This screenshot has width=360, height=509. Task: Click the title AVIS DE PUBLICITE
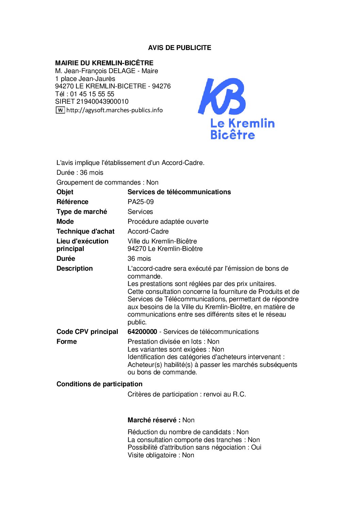[x=179, y=48]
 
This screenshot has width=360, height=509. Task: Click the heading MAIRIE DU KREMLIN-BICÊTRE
[x=104, y=63]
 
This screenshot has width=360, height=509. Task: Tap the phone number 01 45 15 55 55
[x=92, y=94]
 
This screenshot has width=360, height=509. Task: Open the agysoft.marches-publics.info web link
[x=114, y=110]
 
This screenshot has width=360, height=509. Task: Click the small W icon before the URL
[x=60, y=110]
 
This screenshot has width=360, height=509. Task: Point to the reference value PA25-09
[x=141, y=202]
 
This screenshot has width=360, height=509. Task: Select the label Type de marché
[x=82, y=211]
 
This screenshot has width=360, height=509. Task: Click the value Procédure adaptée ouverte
[x=168, y=221]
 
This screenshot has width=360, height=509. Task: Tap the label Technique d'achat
[x=85, y=231]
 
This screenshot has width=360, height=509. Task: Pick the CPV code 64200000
[x=142, y=332]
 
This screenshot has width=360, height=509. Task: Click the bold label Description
[x=75, y=268]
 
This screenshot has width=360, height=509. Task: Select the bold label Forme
[x=67, y=341]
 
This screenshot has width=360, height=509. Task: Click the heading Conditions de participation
[x=99, y=384]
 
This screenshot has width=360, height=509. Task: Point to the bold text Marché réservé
[x=154, y=420]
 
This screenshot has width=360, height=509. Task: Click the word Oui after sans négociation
[x=256, y=447]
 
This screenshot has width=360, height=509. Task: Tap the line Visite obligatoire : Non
[x=161, y=455]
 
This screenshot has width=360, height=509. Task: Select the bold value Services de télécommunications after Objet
[x=179, y=192]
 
